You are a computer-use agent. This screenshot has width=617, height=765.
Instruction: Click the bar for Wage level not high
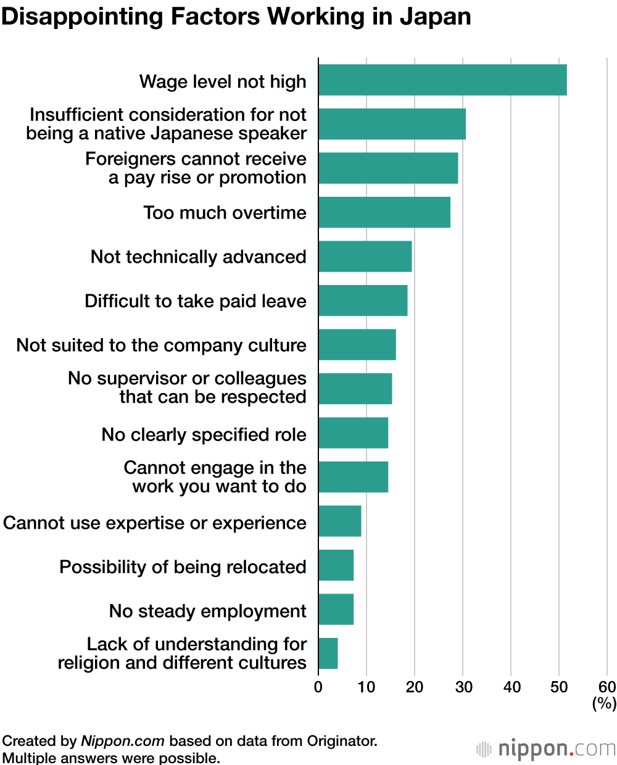442,80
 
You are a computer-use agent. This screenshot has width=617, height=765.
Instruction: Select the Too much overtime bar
384,212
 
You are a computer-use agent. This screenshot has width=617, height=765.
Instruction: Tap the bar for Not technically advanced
365,257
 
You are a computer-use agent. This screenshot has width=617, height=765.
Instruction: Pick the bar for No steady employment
336,610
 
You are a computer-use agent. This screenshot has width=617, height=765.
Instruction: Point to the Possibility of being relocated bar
336,565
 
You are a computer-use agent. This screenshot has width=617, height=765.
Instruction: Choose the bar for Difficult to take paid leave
363,300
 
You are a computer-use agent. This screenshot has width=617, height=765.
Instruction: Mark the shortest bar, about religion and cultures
328,653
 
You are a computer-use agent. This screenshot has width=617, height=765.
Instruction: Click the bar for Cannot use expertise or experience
340,521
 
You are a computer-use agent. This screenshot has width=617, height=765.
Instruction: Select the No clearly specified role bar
354,432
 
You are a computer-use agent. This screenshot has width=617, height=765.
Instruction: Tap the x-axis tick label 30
463,687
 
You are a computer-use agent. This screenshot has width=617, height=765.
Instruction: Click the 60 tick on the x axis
607,687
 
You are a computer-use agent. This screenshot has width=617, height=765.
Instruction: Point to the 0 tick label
318,687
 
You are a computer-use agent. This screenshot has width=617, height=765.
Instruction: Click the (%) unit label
604,703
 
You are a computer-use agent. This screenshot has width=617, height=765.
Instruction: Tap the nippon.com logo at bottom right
547,749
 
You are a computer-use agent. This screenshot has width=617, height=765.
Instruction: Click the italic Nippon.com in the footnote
123,741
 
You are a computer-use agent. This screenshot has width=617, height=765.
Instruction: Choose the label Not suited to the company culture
161,345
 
